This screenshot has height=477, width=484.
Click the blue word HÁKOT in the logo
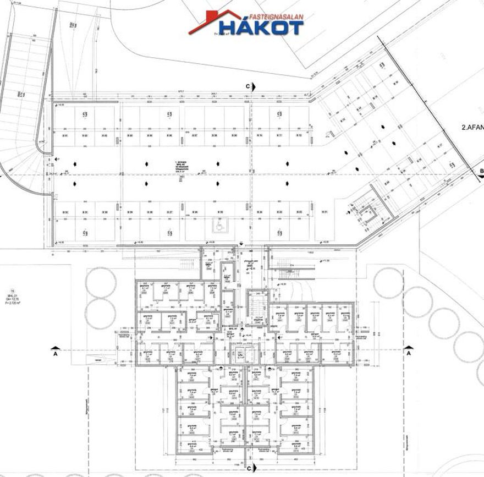[x=261, y=26]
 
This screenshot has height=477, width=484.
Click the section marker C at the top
[x=249, y=86]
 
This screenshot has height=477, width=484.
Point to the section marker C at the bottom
[x=249, y=468]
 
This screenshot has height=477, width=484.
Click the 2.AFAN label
[x=472, y=128]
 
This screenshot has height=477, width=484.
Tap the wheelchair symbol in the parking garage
[x=219, y=225]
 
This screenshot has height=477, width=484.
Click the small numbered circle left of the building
[x=10, y=291]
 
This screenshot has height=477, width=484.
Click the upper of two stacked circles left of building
[x=100, y=282]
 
